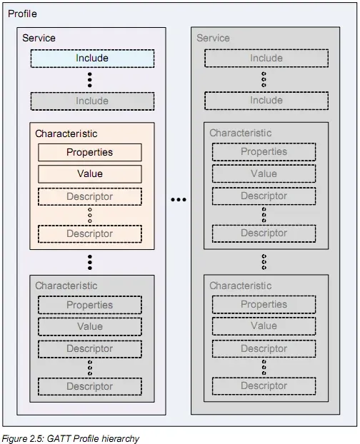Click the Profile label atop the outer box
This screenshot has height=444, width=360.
(x=22, y=14)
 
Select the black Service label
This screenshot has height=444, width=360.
(x=39, y=38)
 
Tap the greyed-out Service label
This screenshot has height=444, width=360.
(x=213, y=38)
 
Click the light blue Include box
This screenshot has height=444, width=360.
(x=92, y=59)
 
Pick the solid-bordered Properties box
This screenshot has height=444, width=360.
(x=90, y=152)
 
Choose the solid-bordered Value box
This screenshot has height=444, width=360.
(x=90, y=174)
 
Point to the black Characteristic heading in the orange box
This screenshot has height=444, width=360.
(x=66, y=133)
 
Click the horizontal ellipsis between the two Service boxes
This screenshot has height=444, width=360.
(x=179, y=200)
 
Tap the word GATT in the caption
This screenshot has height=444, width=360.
(x=56, y=438)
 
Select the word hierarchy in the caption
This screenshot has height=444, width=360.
(x=121, y=438)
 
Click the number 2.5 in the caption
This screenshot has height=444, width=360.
(x=37, y=438)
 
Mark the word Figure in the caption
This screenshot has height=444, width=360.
(x=15, y=438)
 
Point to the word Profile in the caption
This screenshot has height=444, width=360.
(x=84, y=438)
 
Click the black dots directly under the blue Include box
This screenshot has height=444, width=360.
(x=90, y=80)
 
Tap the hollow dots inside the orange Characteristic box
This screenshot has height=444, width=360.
(x=90, y=215)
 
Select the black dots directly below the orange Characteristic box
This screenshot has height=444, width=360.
(x=90, y=262)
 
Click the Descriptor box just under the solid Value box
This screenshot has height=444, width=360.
(x=90, y=196)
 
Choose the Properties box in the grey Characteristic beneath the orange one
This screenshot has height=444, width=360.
(x=90, y=305)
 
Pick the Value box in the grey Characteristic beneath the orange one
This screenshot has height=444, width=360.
(x=90, y=326)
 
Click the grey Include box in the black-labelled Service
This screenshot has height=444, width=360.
(x=92, y=101)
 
